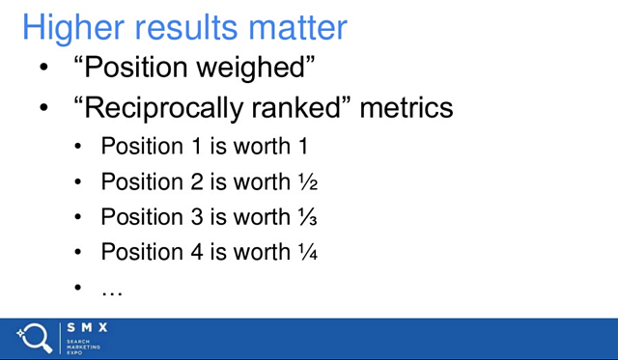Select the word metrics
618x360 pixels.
pyautogui.click(x=406, y=108)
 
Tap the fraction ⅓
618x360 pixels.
pyautogui.click(x=307, y=217)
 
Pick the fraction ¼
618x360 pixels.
pyautogui.click(x=308, y=253)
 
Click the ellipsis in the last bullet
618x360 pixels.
pyautogui.click(x=112, y=290)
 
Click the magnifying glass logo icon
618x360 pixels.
pyautogui.click(x=35, y=338)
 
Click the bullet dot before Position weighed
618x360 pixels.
pyautogui.click(x=42, y=70)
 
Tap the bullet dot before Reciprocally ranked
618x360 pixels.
pyautogui.click(x=42, y=109)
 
